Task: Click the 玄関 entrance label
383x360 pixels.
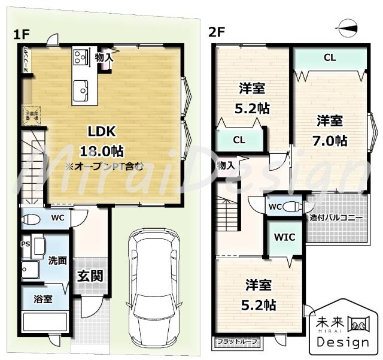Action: point(90,276)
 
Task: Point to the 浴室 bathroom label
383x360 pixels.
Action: point(42,299)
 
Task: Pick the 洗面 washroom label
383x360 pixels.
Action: point(57,261)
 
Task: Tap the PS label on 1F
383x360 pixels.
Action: point(25,244)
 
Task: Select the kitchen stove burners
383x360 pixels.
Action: point(80,58)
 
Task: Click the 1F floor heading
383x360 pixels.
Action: point(21,34)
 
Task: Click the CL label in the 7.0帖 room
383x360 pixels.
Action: point(329,58)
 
